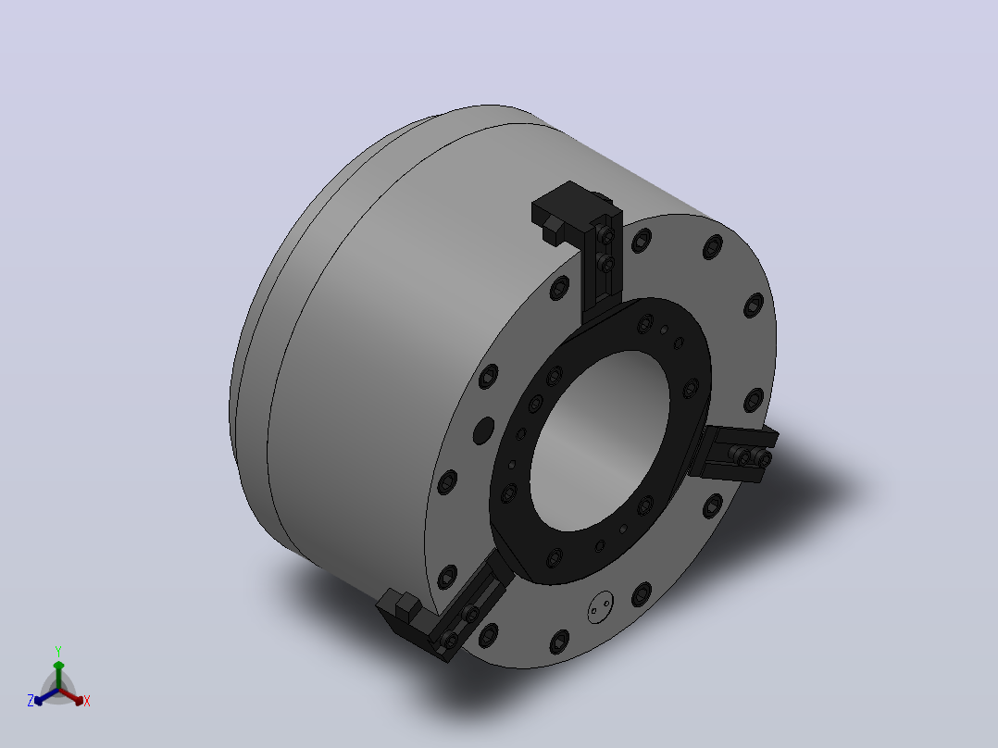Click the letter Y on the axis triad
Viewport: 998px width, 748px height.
[x=58, y=651]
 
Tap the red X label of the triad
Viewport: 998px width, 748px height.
[x=87, y=701]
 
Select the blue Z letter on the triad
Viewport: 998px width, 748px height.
[x=31, y=701]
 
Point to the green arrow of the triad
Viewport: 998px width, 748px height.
[x=58, y=675]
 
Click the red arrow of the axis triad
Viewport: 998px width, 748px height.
[x=71, y=696]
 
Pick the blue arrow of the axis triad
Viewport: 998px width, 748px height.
[x=46, y=696]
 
